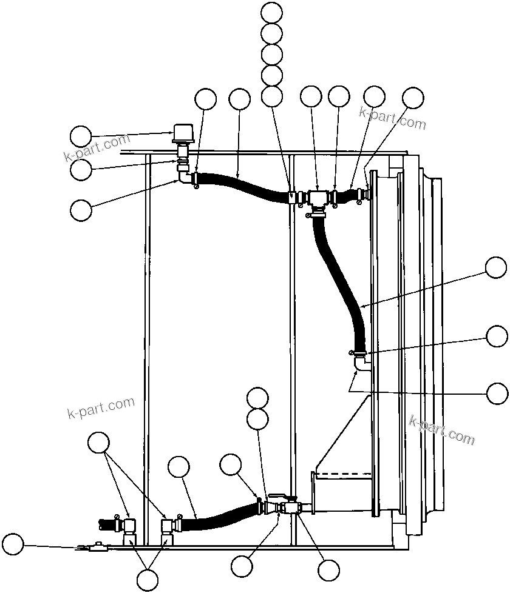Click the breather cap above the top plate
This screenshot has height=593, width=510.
[x=182, y=132]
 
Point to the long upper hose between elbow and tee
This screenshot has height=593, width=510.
[x=243, y=185]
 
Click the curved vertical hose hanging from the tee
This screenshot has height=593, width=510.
[x=337, y=273]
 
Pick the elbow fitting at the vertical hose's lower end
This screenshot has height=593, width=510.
[x=362, y=363]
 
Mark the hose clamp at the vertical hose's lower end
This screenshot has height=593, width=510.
[x=358, y=352]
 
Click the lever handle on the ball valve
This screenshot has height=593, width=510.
[x=280, y=496]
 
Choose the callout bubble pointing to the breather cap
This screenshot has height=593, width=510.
[x=81, y=136]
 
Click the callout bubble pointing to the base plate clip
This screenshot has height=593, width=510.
[x=13, y=544]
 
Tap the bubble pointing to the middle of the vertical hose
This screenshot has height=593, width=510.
[x=497, y=267]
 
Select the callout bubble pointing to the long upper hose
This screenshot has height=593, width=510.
[x=239, y=100]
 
